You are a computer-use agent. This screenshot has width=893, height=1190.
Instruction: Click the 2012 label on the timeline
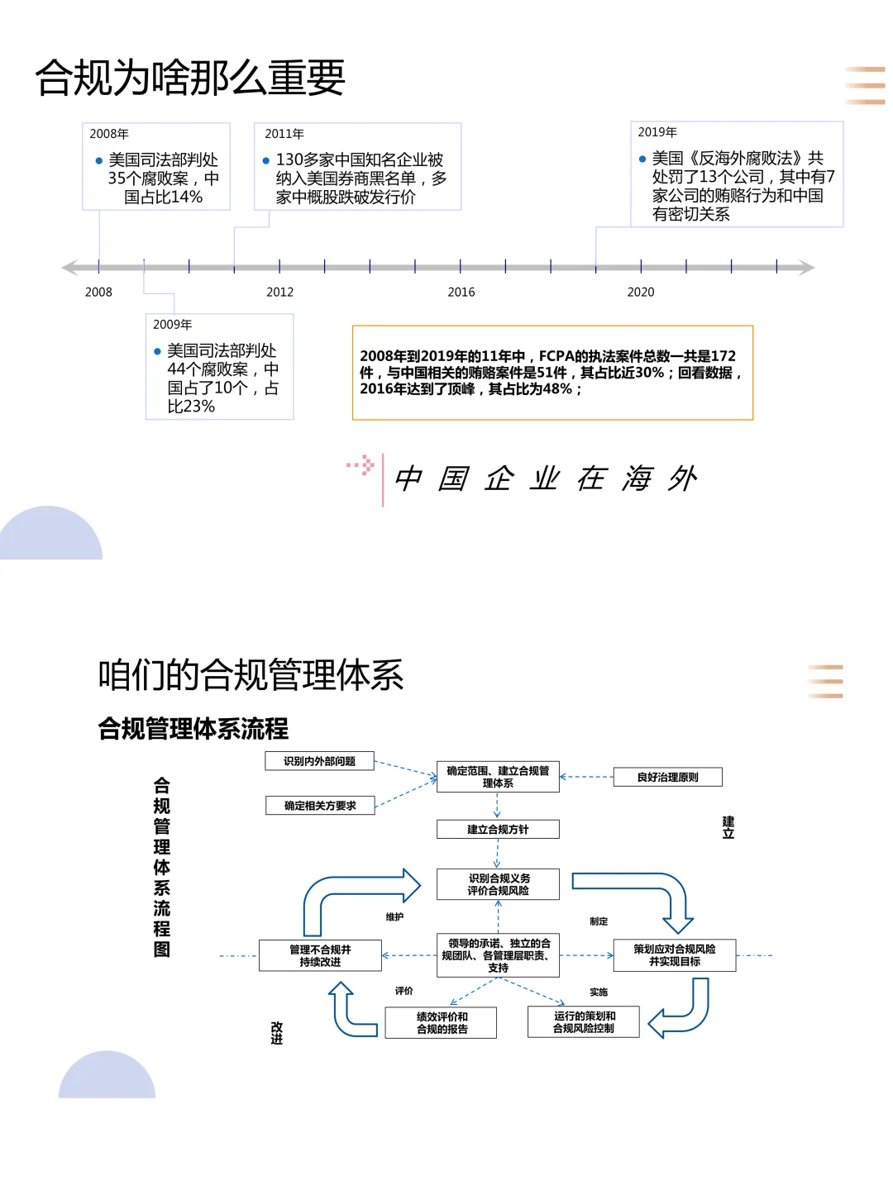click(x=279, y=292)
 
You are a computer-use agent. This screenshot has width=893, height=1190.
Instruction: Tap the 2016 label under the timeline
click(x=461, y=292)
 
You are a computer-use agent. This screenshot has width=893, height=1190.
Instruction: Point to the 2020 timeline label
click(x=641, y=292)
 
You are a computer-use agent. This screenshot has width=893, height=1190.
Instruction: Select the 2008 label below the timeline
click(x=98, y=292)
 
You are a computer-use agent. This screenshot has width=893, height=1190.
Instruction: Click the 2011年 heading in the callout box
click(x=284, y=134)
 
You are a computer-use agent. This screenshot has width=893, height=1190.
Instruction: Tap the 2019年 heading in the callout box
click(x=657, y=132)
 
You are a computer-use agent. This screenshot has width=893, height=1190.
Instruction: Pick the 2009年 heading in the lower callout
click(x=172, y=325)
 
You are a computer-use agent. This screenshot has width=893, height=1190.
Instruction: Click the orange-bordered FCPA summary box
click(x=552, y=373)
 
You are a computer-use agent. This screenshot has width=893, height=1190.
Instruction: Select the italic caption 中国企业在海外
click(x=546, y=478)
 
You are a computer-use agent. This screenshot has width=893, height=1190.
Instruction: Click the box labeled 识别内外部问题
click(x=319, y=761)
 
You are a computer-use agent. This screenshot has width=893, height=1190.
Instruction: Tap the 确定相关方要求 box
click(x=320, y=806)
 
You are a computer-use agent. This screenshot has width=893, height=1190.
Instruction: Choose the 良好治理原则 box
click(x=667, y=777)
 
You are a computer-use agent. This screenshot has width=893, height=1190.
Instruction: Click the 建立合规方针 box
click(x=498, y=829)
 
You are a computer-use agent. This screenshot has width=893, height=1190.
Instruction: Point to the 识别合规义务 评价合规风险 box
click(x=498, y=884)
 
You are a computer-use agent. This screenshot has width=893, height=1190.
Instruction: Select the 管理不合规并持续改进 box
click(x=320, y=955)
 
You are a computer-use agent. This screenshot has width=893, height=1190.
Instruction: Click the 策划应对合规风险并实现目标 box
click(x=674, y=955)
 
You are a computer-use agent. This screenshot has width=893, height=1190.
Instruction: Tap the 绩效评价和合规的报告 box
click(x=442, y=1022)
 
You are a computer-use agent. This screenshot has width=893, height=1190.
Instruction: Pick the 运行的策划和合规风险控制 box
click(x=584, y=1022)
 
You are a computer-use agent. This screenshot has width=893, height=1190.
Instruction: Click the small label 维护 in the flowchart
click(x=394, y=916)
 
